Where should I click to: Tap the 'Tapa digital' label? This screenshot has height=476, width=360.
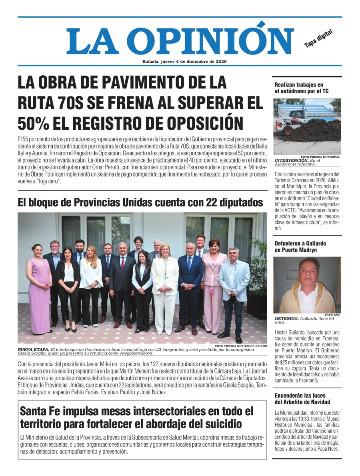tap(318, 39)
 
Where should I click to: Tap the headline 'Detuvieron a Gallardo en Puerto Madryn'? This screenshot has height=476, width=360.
tap(300, 247)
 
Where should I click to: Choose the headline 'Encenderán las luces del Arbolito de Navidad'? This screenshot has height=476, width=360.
tap(302, 399)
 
